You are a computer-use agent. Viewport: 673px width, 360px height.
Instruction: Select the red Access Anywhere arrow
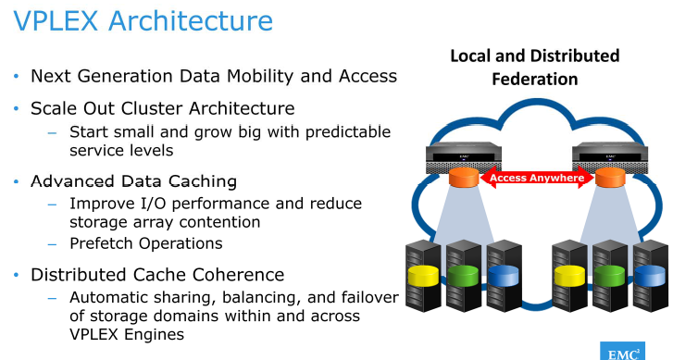(x=535, y=177)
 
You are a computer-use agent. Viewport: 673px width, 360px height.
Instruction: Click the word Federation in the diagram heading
(x=534, y=79)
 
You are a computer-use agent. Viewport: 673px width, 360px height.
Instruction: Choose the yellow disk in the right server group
(x=567, y=276)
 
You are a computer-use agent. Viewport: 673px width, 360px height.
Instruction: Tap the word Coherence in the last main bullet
(x=241, y=275)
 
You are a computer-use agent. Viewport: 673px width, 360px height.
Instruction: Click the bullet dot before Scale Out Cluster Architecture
(x=16, y=109)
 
